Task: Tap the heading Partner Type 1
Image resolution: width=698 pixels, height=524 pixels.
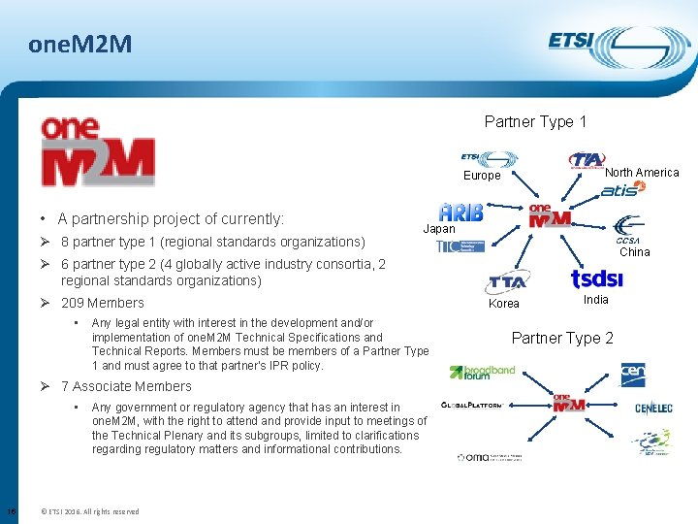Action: pos(535,121)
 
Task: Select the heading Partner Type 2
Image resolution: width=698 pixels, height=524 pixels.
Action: pos(561,338)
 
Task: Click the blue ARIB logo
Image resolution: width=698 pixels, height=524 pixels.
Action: pos(461,213)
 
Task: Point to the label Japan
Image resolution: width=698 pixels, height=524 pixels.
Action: pos(439,229)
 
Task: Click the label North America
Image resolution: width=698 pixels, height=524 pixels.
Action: pos(642,173)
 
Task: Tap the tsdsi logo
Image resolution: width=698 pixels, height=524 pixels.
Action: pos(596,279)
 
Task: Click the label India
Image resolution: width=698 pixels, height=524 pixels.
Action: pos(595,300)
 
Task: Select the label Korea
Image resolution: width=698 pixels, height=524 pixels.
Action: pos(504,304)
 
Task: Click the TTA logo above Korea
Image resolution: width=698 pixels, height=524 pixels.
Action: pos(506,282)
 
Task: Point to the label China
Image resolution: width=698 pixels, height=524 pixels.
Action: pos(634,252)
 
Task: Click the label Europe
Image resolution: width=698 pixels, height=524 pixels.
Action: pos(482,176)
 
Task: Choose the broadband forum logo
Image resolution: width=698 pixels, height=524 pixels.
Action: pos(482,372)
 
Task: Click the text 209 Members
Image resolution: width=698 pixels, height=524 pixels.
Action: pos(102,303)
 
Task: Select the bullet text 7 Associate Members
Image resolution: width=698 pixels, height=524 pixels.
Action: pos(126,386)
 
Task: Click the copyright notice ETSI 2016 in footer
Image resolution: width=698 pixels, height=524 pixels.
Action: pos(88,511)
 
